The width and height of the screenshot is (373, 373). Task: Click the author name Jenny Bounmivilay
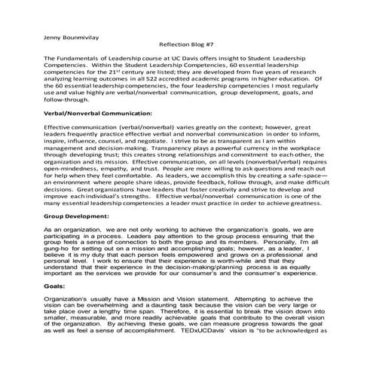pyautogui.click(x=73, y=35)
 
